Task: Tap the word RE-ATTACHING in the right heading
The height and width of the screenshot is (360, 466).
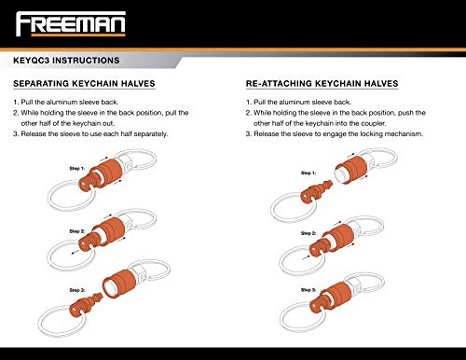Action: pos(282,83)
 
